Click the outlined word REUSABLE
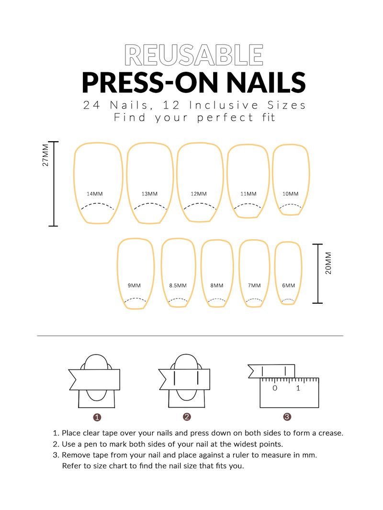[194, 55]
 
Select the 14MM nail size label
[94, 194]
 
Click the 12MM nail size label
[198, 194]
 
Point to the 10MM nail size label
[290, 194]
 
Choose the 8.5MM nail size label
[178, 286]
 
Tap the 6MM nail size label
[288, 286]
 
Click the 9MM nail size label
[134, 286]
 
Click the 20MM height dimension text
[328, 263]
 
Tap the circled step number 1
[97, 417]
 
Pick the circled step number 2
[187, 417]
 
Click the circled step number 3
[287, 417]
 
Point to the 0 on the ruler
[275, 388]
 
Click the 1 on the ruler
[298, 388]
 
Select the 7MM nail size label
[254, 286]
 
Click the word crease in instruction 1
[330, 433]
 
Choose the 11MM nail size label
[248, 194]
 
